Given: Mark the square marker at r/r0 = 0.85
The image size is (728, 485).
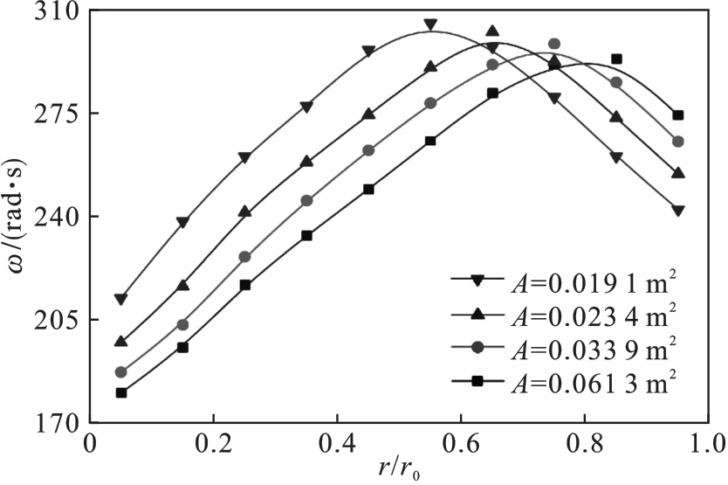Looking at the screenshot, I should pos(616,59).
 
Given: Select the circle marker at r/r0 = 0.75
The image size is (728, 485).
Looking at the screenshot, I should pos(554,44).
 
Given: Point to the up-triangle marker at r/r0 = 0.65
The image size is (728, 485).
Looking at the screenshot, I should pos(492,31).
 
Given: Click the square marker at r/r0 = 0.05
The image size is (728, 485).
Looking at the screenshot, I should pos(121,392).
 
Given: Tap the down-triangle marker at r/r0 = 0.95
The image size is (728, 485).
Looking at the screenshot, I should pos(678,210).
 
